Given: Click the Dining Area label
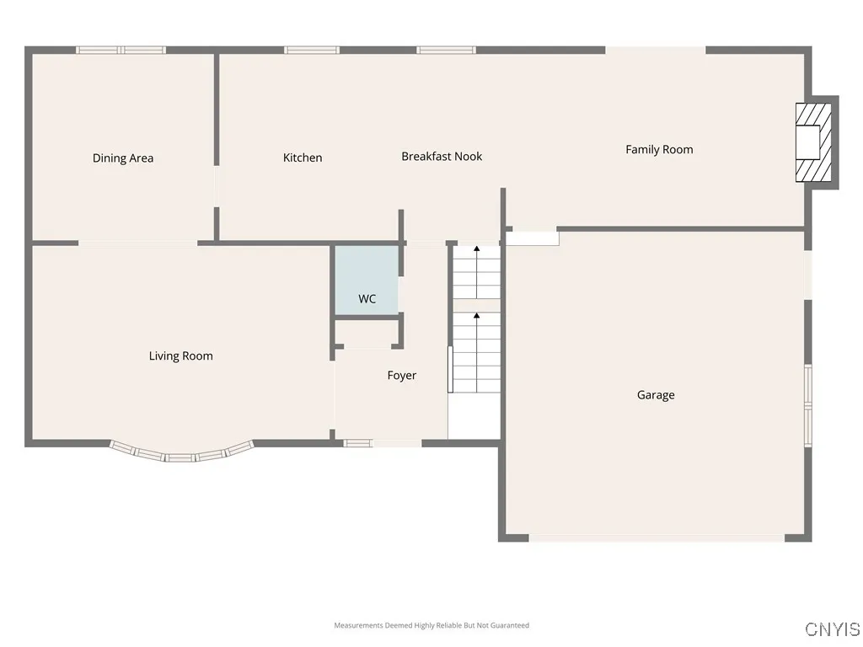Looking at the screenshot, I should click(123, 158).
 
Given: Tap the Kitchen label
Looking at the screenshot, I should click(303, 158).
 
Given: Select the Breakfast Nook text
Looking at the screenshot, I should click(442, 157).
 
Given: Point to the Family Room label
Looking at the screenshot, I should click(659, 149).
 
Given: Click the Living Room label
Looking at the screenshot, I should click(181, 356).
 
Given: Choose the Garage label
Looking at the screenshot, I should click(656, 395).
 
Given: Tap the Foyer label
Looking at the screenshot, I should click(402, 376).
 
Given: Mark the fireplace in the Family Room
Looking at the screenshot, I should click(816, 142).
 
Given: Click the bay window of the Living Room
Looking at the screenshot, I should click(181, 454).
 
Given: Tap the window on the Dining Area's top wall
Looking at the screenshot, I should click(121, 50).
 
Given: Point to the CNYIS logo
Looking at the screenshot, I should click(833, 629).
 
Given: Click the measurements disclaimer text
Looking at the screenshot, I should click(431, 625).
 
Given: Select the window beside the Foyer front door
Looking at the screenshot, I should click(358, 443).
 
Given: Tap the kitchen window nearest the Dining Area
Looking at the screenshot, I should click(312, 50).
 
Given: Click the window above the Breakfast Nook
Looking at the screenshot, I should click(447, 50).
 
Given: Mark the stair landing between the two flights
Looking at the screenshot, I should click(476, 305).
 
